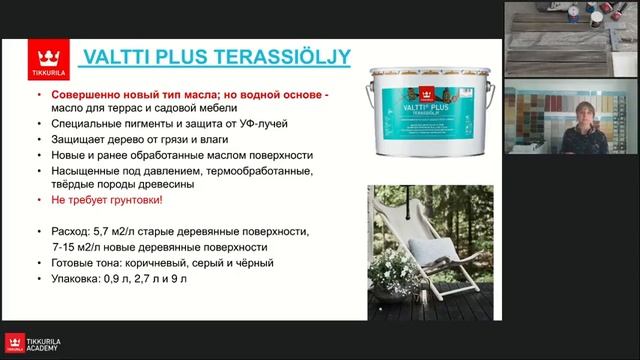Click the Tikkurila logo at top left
click(x=43, y=59)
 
